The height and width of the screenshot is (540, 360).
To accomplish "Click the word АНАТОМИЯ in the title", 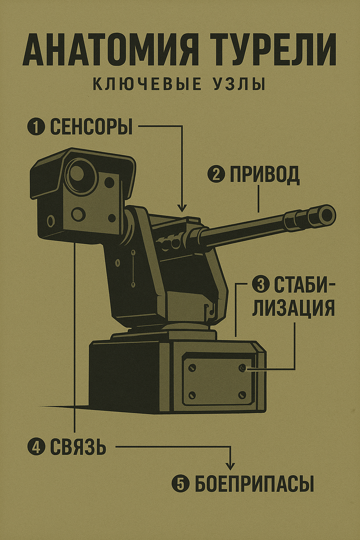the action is (111, 49).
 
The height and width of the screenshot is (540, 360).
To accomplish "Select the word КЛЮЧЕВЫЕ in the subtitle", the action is (147, 85).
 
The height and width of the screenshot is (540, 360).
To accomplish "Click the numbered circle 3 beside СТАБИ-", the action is (260, 284).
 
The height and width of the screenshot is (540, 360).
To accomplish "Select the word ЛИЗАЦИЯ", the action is (293, 308).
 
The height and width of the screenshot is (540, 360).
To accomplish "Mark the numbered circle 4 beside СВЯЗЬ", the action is (36, 447).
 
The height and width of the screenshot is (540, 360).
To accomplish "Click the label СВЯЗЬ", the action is (78, 447).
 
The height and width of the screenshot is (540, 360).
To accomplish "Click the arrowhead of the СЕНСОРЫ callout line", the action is (182, 208).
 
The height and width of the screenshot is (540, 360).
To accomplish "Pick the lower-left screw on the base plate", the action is (192, 395).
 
